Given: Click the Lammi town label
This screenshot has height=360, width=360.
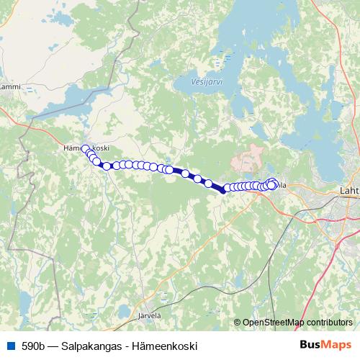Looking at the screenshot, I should coord(10,87).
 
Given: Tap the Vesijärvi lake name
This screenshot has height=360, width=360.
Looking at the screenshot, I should coord(207,81).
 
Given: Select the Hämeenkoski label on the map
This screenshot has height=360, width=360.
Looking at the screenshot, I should coord(86,148).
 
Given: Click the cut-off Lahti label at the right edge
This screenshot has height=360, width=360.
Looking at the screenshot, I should coord(348,191).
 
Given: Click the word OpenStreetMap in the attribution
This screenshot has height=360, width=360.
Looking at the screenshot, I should coord(274,323).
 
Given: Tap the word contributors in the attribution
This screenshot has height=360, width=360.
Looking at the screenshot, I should coord(329,323).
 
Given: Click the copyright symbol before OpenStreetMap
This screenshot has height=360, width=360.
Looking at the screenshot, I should coord(238,323).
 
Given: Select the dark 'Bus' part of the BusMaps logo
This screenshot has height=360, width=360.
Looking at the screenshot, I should coord(311,346).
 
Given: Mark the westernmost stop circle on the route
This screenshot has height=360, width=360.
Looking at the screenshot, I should coord(86,149).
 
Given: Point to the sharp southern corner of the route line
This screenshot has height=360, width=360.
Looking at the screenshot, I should coord(223,192).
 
